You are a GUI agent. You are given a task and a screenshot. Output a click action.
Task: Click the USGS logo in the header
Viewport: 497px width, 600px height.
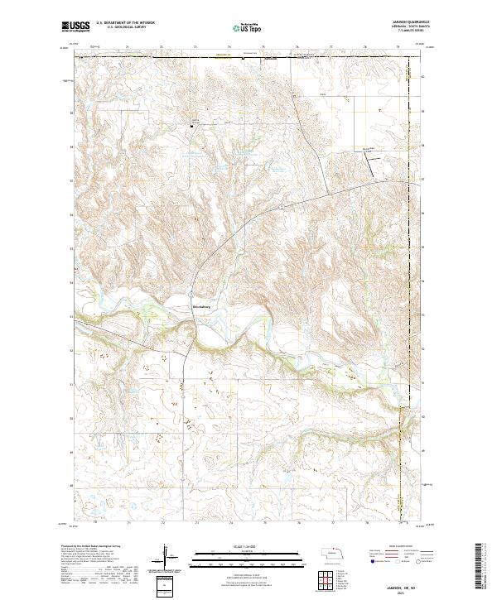[x=75, y=26]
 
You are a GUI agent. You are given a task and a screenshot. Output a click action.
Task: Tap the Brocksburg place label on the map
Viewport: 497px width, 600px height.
[x=201, y=306]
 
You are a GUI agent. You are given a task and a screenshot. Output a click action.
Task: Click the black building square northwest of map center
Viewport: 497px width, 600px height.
[x=193, y=126]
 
